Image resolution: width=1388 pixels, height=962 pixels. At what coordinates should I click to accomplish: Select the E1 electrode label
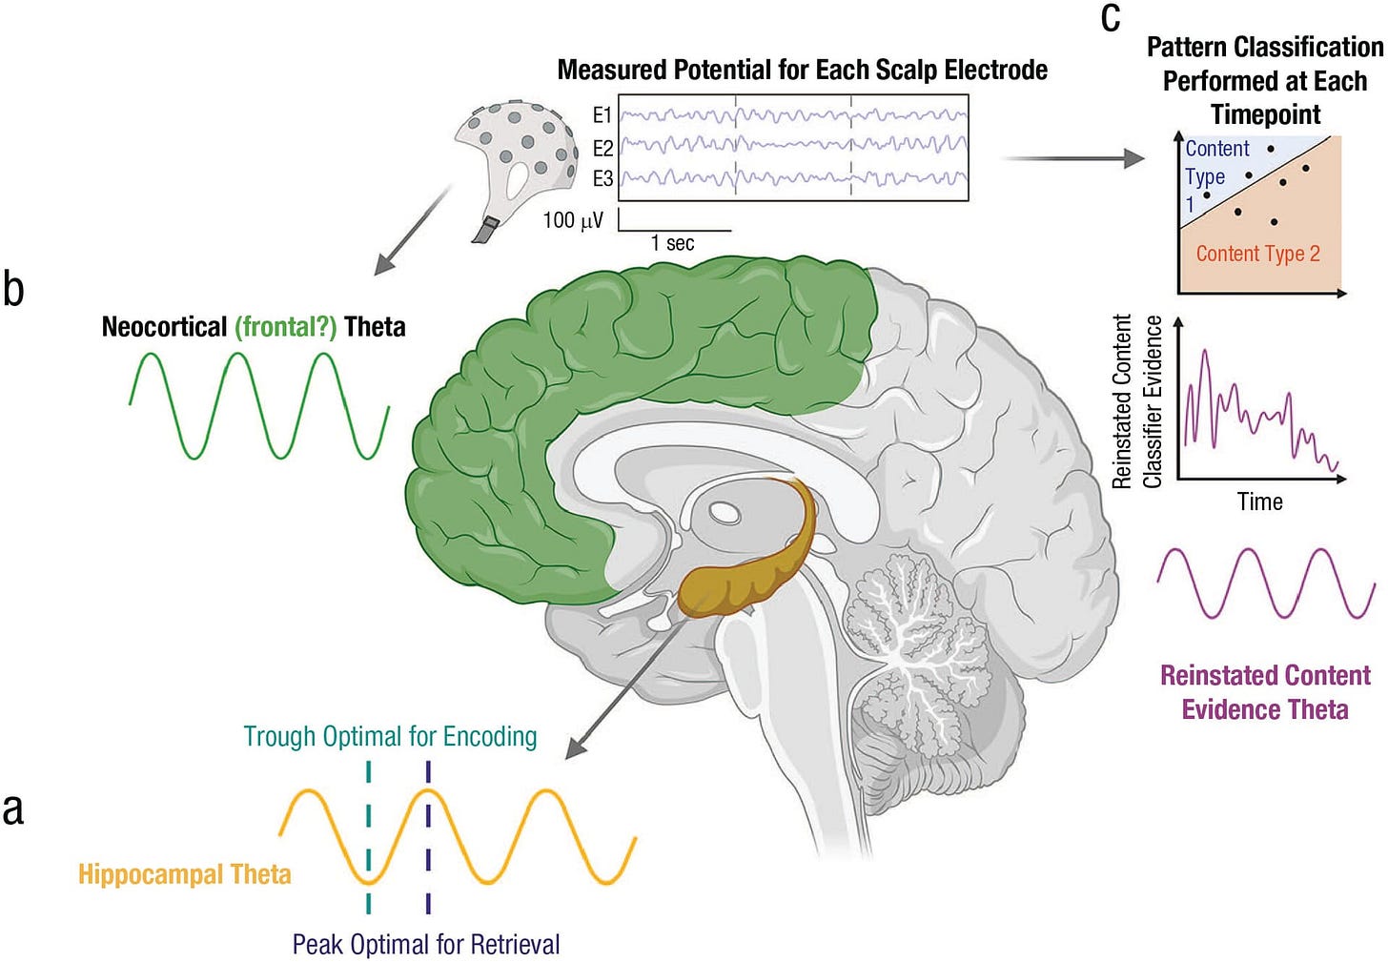click(602, 115)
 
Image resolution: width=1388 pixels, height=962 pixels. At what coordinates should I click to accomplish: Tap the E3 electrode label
click(602, 178)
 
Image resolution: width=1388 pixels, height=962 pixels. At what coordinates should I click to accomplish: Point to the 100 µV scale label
click(573, 220)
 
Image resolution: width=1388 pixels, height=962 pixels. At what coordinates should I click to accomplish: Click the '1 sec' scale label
click(672, 243)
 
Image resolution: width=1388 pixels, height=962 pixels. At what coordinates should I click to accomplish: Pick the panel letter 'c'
click(1110, 17)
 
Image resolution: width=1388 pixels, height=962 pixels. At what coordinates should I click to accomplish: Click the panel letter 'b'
click(13, 288)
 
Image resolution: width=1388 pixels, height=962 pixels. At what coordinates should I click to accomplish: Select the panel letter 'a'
click(13, 808)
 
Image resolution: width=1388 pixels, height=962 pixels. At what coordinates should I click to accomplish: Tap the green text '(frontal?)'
click(286, 327)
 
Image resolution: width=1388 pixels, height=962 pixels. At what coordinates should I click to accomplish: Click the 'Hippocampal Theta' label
click(184, 874)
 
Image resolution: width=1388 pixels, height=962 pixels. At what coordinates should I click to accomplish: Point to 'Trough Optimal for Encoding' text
click(390, 736)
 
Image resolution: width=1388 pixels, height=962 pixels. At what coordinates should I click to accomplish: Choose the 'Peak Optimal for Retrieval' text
click(426, 944)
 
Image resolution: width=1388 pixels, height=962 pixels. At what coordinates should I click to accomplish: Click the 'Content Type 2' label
click(1257, 254)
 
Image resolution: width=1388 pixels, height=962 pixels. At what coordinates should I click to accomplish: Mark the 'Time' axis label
click(1259, 501)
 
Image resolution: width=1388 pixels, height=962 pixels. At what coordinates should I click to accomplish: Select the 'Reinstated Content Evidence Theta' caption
click(1265, 692)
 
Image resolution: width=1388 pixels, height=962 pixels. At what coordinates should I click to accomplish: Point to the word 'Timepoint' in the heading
click(1265, 114)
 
